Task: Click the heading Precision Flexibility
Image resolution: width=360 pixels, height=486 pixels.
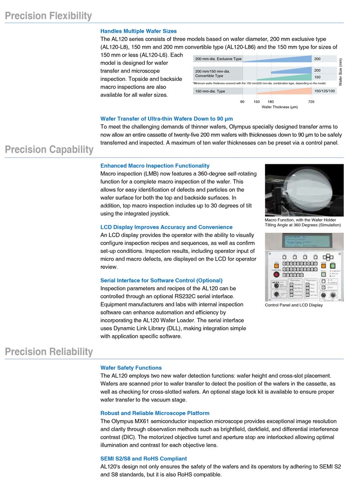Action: (48, 16)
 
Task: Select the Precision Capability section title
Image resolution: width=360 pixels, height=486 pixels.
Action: (49, 149)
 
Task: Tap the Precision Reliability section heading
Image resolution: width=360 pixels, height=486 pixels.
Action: (49, 351)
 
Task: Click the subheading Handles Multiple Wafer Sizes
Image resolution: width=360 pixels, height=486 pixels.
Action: (139, 31)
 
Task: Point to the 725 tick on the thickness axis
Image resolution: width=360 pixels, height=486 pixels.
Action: (311, 102)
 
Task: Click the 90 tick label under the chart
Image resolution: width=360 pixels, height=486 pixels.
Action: (242, 102)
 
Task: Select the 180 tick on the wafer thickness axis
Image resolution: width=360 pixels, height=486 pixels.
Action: (270, 102)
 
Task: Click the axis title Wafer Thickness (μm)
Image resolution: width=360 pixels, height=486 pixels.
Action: (279, 107)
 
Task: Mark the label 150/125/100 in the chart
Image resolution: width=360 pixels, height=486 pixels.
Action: (324, 91)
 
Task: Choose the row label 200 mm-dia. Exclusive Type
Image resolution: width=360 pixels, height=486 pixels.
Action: (218, 59)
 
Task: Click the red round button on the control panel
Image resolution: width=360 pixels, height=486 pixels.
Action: (276, 275)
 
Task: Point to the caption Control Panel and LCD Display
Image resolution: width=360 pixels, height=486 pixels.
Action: (294, 305)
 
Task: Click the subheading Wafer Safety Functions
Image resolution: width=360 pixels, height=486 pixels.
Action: (131, 368)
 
